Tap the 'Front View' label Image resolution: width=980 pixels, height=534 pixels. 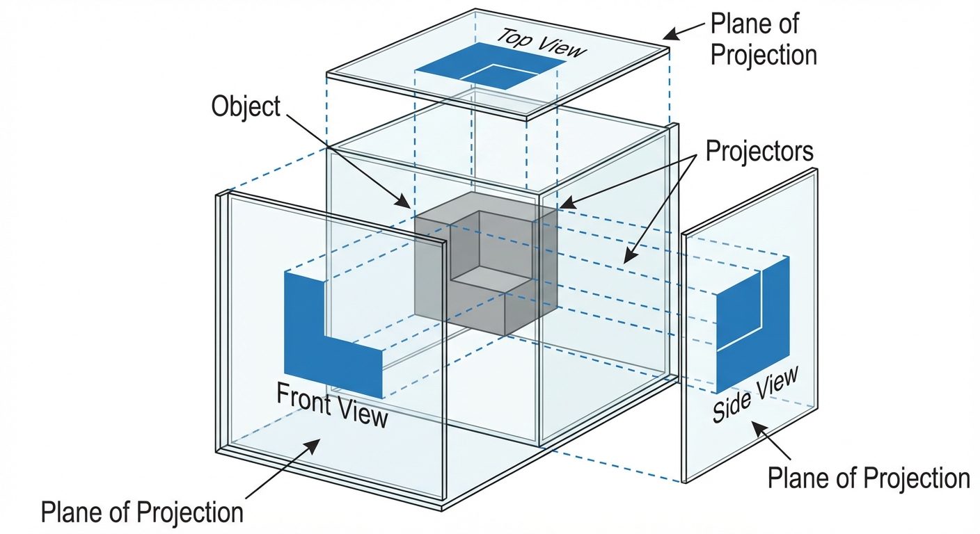click(x=331, y=405)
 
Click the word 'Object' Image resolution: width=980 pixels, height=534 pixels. click(x=246, y=107)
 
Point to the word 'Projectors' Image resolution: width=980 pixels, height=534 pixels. click(x=759, y=151)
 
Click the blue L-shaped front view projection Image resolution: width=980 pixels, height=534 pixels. click(x=306, y=327)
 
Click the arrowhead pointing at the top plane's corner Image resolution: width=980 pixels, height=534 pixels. click(x=669, y=34)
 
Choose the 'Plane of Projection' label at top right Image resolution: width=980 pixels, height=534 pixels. click(x=764, y=39)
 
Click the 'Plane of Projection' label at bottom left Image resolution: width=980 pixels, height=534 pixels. click(x=142, y=512)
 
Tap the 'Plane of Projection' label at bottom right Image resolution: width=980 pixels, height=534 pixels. click(x=868, y=478)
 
